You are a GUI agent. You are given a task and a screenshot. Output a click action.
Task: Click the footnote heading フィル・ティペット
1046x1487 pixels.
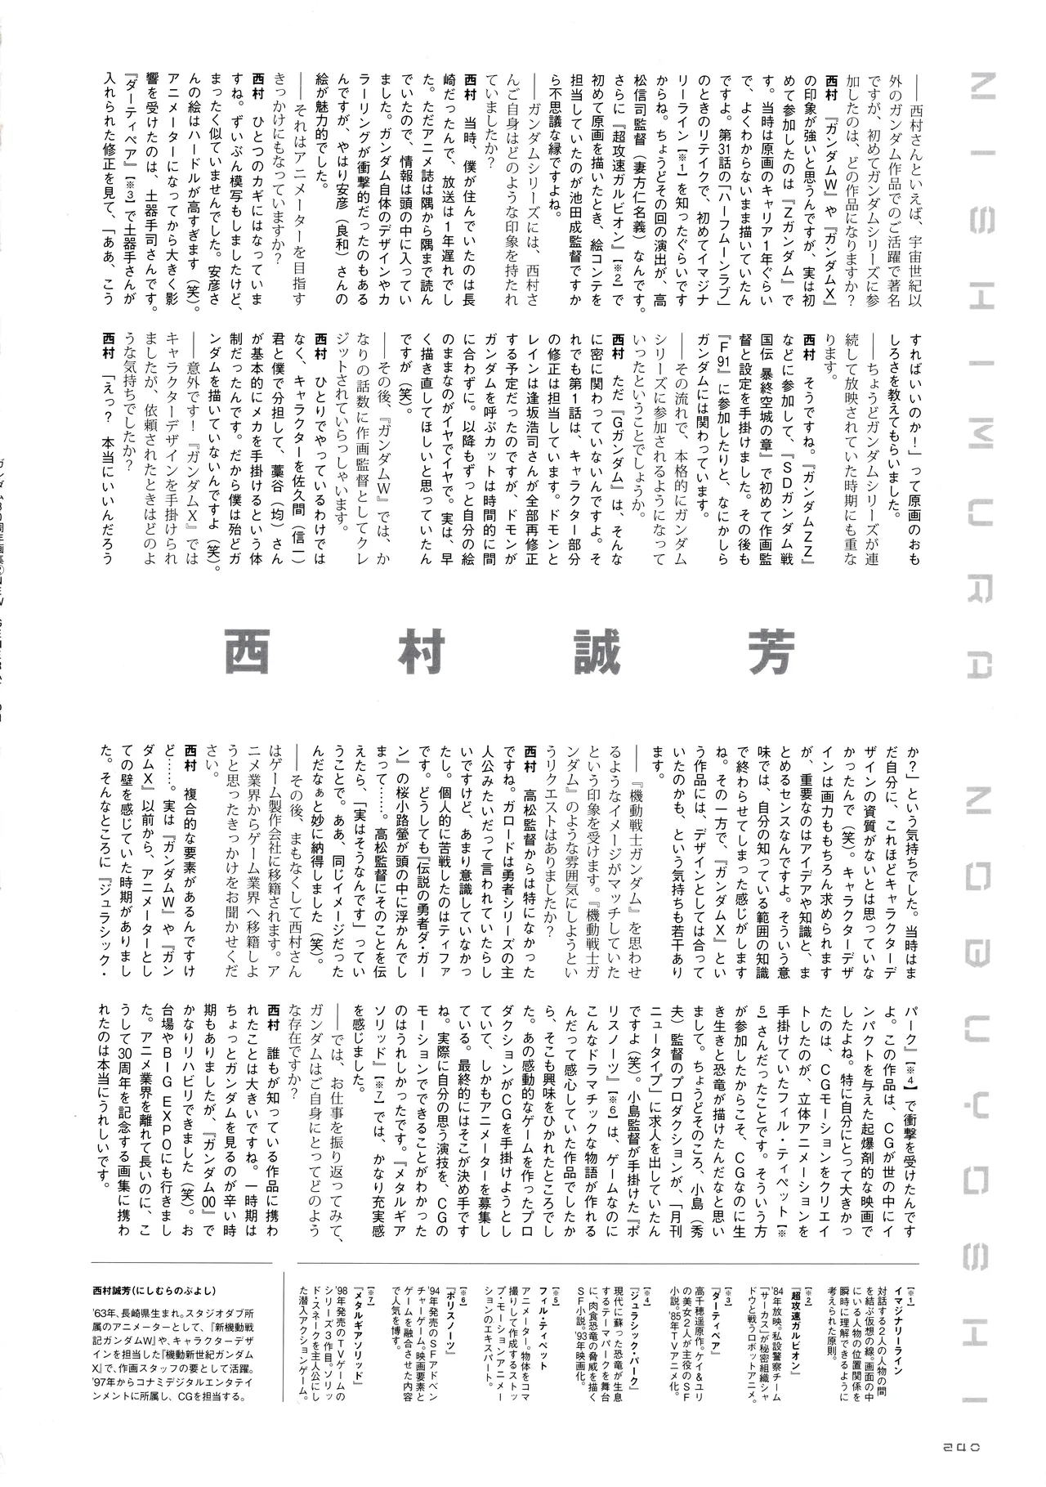click(x=559, y=1337)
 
